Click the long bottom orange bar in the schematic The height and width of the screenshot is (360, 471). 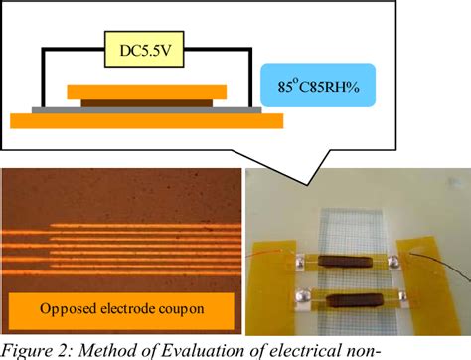pyautogui.click(x=146, y=120)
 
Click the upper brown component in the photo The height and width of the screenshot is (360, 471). pyautogui.click(x=348, y=263)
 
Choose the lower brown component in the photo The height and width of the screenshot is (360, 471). pyautogui.click(x=346, y=301)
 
